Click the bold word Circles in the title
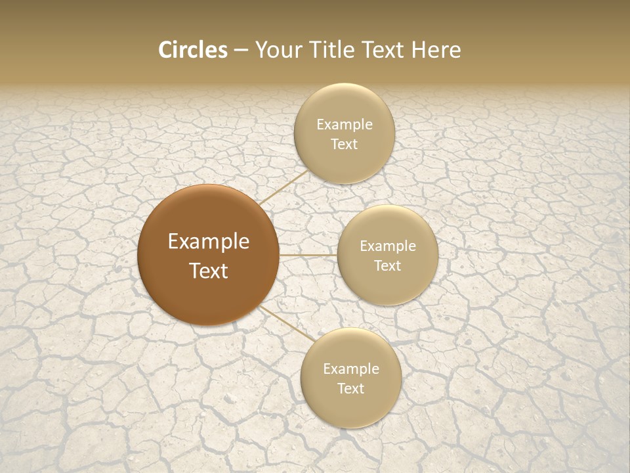pyautogui.click(x=193, y=50)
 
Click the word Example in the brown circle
pyautogui.click(x=209, y=242)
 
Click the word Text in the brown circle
pyautogui.click(x=209, y=271)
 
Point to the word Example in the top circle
pyautogui.click(x=345, y=125)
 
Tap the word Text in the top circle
pyautogui.click(x=344, y=145)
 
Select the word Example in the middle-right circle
pyautogui.click(x=388, y=246)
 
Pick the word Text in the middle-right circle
pyautogui.click(x=388, y=266)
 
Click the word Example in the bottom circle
pyautogui.click(x=351, y=369)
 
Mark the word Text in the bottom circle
pyautogui.click(x=350, y=389)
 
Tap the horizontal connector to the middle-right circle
pyautogui.click(x=308, y=255)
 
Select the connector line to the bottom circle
pyautogui.click(x=287, y=323)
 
